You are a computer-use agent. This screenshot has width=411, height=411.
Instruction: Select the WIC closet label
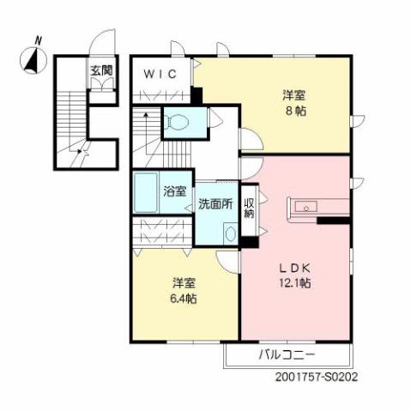(160, 74)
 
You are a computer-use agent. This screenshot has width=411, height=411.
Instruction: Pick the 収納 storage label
(249, 209)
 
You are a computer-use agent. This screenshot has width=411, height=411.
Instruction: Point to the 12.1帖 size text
(293, 282)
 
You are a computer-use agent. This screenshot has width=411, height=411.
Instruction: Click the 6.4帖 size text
(183, 299)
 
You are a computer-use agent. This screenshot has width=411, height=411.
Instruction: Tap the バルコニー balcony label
(287, 355)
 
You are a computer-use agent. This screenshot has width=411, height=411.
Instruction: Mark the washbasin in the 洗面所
(229, 232)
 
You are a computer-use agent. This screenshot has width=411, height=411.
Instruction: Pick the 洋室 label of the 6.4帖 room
(183, 282)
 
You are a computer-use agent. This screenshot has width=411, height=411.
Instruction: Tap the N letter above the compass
(38, 39)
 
